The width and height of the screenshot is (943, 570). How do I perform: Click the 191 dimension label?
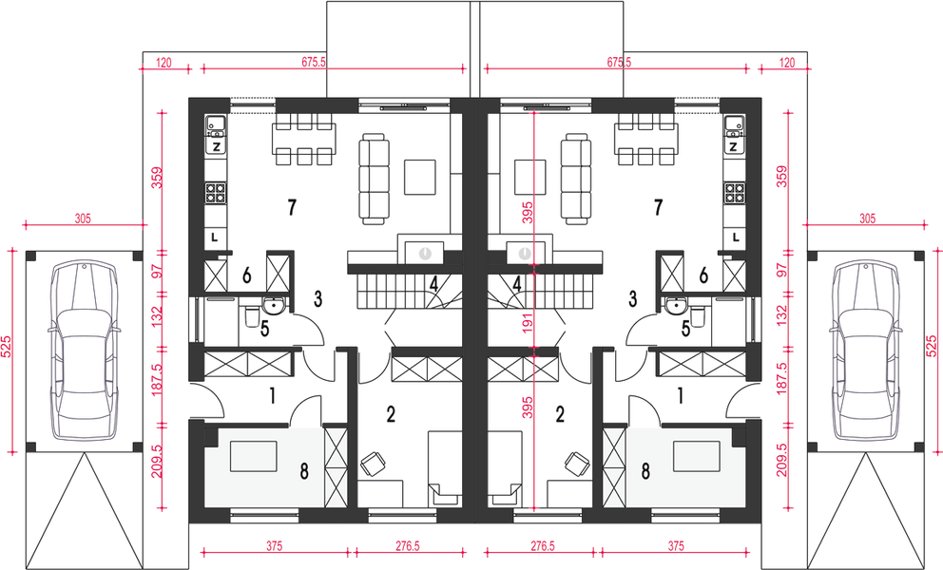[x=528, y=324]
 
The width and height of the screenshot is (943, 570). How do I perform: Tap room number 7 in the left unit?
[x=292, y=207]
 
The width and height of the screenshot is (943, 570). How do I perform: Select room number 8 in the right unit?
[x=645, y=471]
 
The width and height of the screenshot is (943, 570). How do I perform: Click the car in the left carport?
[x=84, y=351]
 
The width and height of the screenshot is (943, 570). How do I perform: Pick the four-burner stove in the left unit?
[x=216, y=193]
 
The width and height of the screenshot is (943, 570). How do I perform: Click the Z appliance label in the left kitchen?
[x=216, y=146]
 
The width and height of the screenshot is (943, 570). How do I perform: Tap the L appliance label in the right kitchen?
[x=736, y=237]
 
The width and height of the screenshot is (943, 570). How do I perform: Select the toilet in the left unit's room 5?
[x=252, y=315]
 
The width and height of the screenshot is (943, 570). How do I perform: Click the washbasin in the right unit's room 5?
[x=677, y=307]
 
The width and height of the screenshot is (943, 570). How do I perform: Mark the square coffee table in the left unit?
[x=420, y=177]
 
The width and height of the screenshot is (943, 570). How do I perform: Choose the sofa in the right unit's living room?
[x=575, y=179]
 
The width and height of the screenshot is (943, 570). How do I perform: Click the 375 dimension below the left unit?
[x=274, y=546]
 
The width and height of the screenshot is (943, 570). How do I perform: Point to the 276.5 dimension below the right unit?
[x=543, y=546]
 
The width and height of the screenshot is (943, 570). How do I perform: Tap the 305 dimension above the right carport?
[x=867, y=218]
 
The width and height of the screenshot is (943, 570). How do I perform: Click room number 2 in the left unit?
[x=391, y=414]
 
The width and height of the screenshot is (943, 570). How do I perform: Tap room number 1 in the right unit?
[x=681, y=395]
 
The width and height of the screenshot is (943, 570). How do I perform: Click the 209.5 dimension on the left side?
[x=156, y=461]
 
